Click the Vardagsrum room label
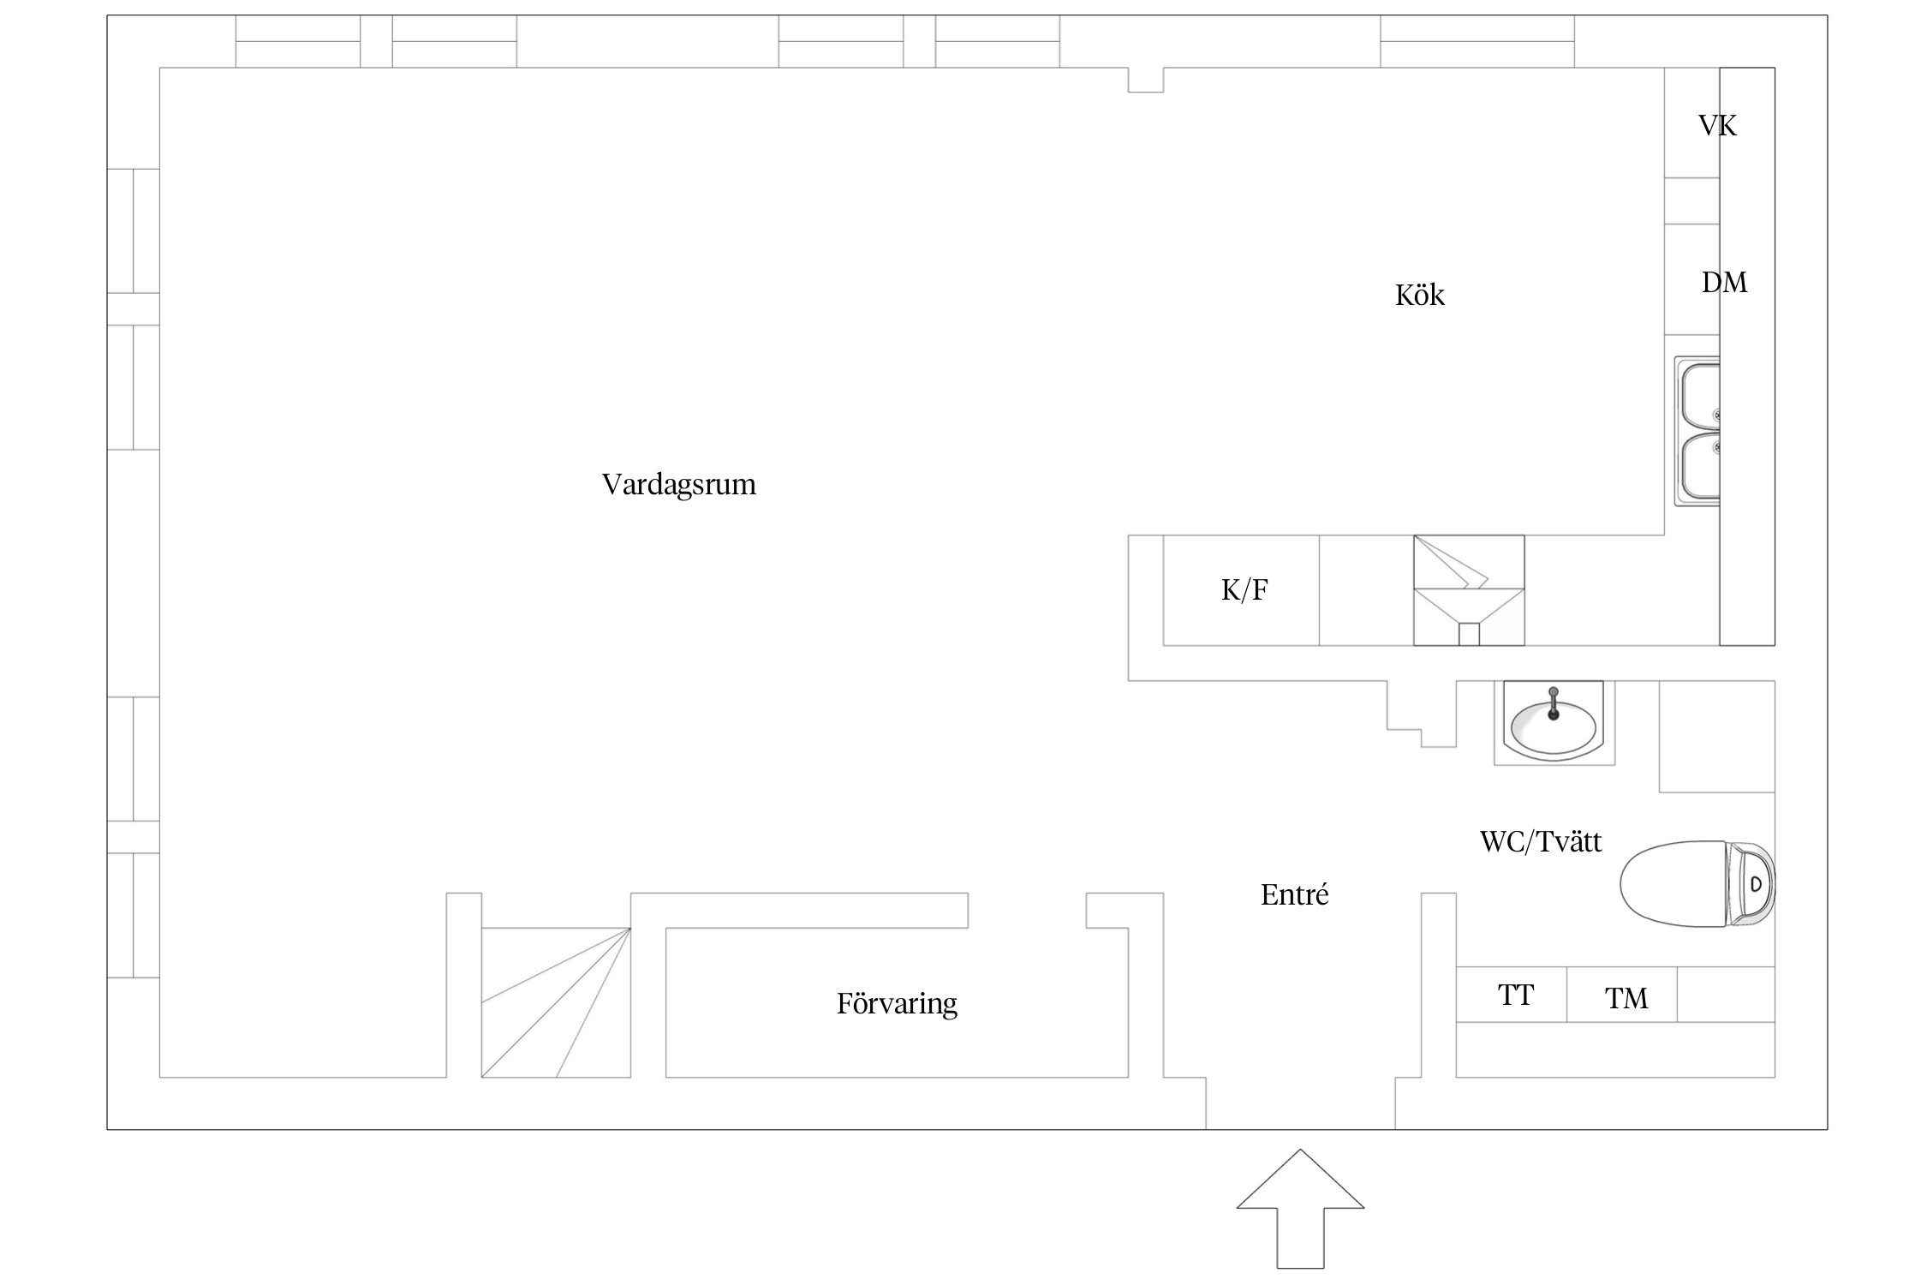point(678,485)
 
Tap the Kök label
point(1419,296)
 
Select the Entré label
point(1294,895)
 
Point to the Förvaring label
point(897,1003)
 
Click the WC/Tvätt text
point(1540,841)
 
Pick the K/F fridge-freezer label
point(1244,590)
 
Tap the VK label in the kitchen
point(1717,127)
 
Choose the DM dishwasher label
point(1723,283)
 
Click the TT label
point(1515,995)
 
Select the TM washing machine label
point(1626,999)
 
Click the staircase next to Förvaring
point(556,1002)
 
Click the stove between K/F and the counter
point(1468,590)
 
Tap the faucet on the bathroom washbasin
point(1554,702)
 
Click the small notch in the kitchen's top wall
point(1145,80)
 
